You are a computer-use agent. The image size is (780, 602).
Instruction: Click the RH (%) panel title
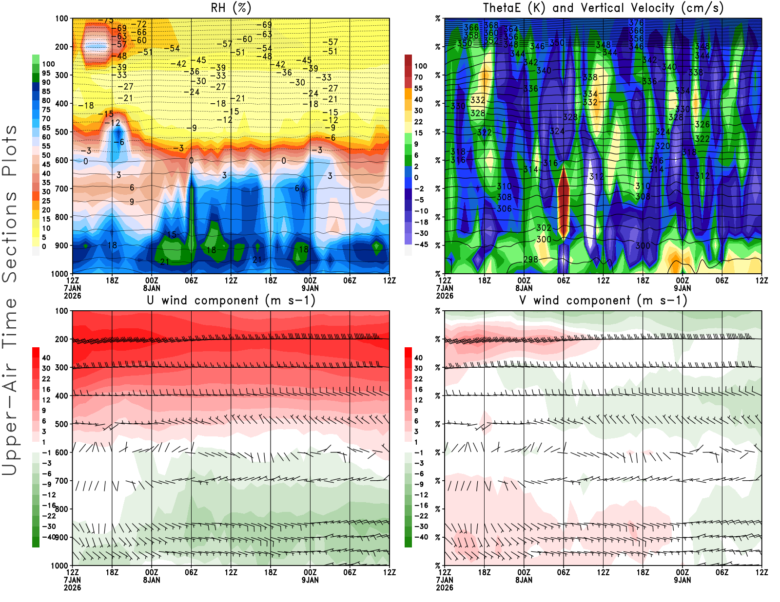point(231,8)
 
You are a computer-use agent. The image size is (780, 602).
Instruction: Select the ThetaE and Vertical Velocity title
point(603,8)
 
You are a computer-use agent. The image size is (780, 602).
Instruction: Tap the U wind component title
point(231,300)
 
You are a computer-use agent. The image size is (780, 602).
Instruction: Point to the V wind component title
point(603,300)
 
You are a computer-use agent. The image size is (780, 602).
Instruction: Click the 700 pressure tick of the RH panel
point(62,188)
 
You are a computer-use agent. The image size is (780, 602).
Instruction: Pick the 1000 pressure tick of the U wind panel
point(59,565)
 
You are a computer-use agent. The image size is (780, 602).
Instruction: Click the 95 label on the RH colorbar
point(46,73)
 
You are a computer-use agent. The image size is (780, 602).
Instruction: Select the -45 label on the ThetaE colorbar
point(421,245)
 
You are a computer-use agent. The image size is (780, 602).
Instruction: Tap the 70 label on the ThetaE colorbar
point(418,77)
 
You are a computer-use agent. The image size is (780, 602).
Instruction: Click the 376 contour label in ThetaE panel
point(636,23)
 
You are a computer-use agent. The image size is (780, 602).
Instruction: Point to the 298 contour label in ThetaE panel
point(530,260)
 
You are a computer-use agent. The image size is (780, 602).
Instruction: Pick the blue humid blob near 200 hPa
point(96,47)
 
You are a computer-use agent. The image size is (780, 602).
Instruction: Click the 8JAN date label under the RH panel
point(152,288)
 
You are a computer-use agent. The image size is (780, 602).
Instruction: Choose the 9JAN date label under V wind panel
point(682,580)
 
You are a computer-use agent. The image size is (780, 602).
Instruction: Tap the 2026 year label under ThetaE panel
point(445,296)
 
